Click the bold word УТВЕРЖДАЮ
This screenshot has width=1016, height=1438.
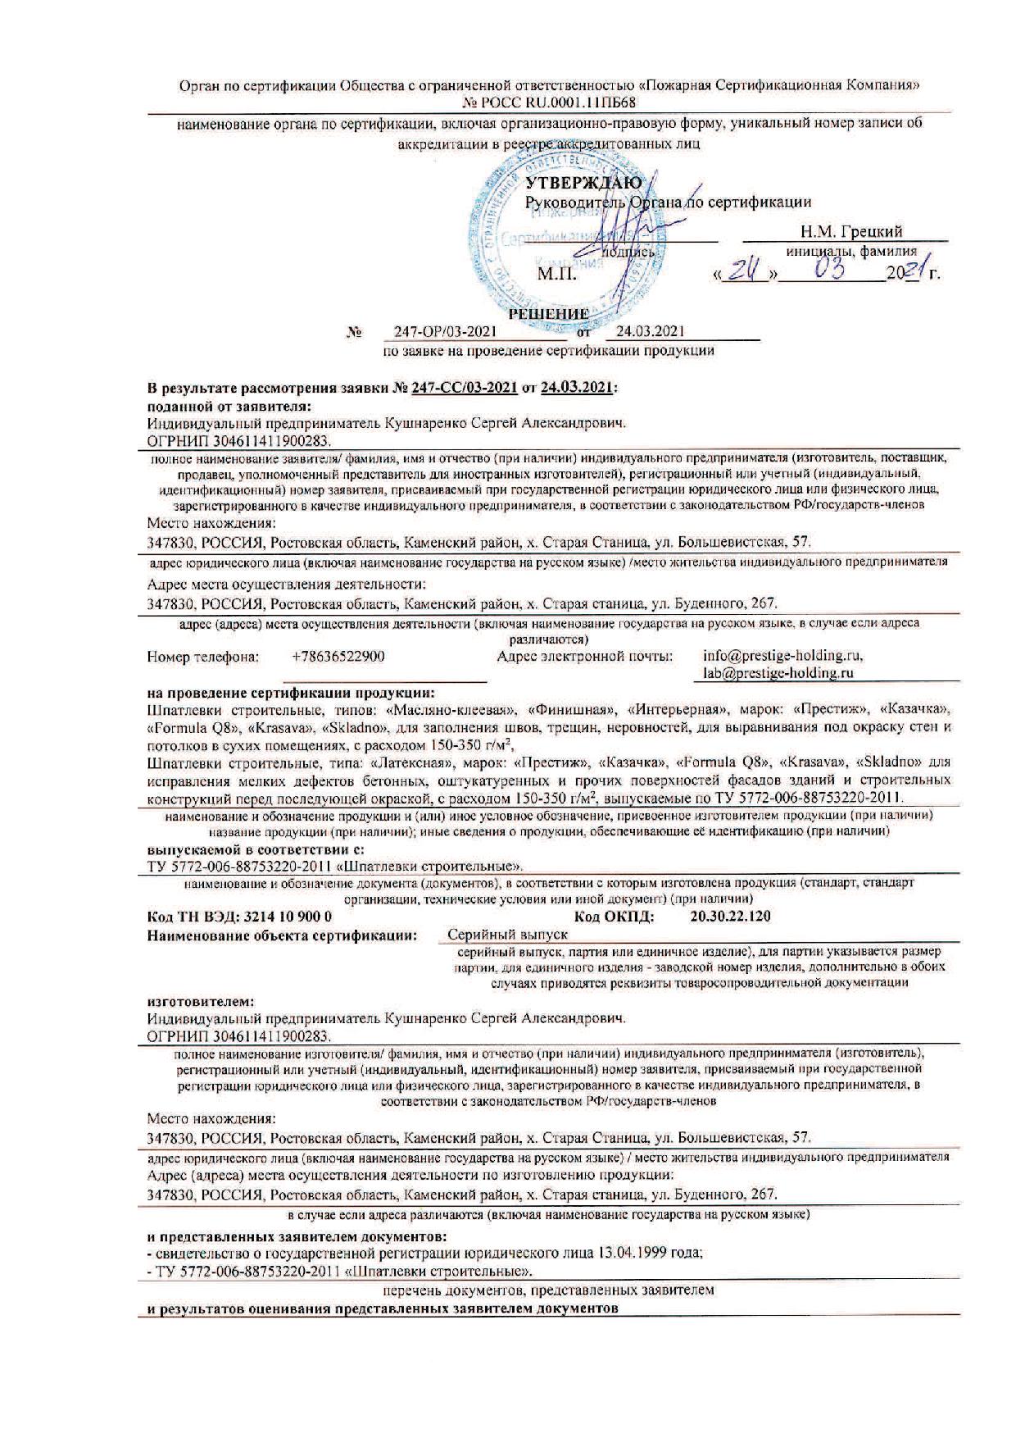(583, 182)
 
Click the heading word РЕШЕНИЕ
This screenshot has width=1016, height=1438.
(548, 314)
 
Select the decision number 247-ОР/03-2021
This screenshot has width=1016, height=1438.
(445, 332)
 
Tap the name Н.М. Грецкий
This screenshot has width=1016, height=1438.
(851, 232)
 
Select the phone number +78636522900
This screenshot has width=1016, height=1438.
(338, 657)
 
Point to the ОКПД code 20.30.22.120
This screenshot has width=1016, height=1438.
(731, 917)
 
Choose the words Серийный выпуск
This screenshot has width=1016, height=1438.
(508, 934)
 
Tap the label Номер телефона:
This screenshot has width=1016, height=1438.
(202, 657)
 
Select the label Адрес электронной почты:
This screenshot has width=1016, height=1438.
(584, 657)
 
